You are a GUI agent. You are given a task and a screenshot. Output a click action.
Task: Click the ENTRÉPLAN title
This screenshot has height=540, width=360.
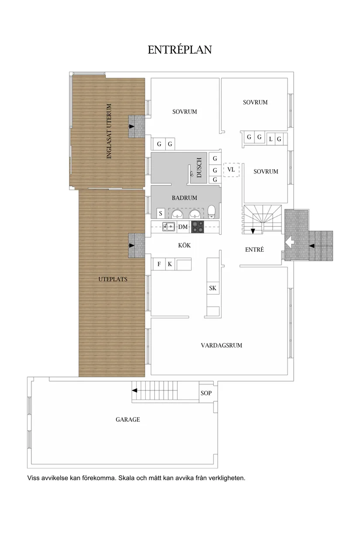click(x=180, y=50)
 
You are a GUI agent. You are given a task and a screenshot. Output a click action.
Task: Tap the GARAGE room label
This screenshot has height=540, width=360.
click(x=128, y=420)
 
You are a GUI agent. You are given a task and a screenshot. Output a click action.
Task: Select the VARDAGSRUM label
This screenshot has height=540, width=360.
click(x=221, y=345)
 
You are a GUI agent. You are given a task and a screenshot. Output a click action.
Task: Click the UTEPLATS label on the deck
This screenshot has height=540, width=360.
click(x=113, y=279)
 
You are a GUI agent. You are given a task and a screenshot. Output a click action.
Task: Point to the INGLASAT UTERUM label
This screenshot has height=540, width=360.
click(x=110, y=131)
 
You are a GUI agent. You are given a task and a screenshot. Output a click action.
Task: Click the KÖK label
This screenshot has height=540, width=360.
click(x=185, y=246)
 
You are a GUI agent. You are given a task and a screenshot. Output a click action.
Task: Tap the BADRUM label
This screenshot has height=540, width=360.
click(x=184, y=198)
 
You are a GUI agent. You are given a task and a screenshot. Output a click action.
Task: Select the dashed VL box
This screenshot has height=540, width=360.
click(x=231, y=170)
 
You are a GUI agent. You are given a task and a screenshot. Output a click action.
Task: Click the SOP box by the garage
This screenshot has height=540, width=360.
click(x=206, y=393)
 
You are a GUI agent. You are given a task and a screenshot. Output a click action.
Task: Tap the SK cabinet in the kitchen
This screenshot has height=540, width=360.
click(x=213, y=288)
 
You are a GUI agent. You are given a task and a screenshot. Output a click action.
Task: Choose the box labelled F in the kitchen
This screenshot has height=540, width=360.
click(x=159, y=264)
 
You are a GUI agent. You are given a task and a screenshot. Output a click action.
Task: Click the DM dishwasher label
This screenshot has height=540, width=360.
click(x=183, y=227)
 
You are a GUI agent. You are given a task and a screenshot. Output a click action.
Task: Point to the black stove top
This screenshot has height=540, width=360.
click(x=198, y=226)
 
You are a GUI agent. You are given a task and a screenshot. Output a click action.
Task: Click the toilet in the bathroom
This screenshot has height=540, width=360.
click(x=212, y=212)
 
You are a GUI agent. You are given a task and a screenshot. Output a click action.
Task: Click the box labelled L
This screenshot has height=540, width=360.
click(x=271, y=139)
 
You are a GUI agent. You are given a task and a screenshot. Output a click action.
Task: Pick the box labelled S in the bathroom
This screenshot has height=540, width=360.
click(x=161, y=213)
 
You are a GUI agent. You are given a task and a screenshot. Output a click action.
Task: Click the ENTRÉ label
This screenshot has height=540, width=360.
click(x=254, y=250)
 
